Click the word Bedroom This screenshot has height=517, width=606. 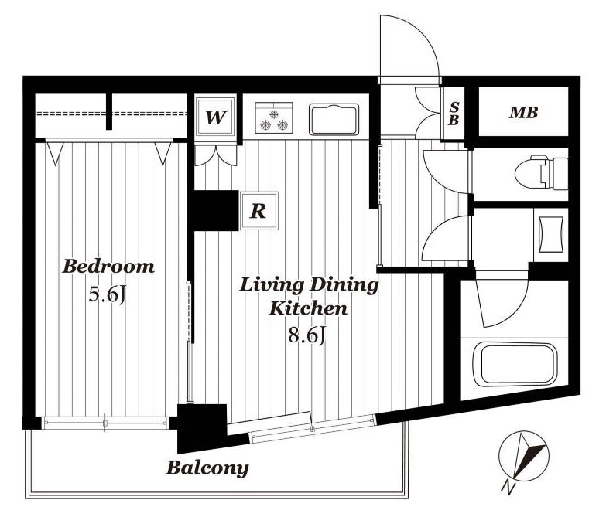(x=108, y=266)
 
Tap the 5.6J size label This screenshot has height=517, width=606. (x=108, y=295)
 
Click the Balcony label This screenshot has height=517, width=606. (x=207, y=468)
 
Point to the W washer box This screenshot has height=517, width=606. (x=215, y=117)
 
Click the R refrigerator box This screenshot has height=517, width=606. (x=258, y=211)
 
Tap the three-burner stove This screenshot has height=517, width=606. (x=274, y=117)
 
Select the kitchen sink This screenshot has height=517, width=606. (x=334, y=119)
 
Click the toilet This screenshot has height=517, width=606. (x=542, y=172)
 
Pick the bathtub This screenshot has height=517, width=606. (x=515, y=365)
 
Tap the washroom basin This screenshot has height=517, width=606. (x=551, y=235)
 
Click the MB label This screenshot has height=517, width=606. (x=523, y=112)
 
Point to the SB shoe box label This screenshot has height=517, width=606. (x=454, y=114)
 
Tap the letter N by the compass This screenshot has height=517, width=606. (x=508, y=488)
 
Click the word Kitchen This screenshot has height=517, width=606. (x=308, y=308)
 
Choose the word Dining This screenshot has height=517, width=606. (x=344, y=286)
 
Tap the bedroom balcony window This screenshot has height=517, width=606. (x=105, y=423)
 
